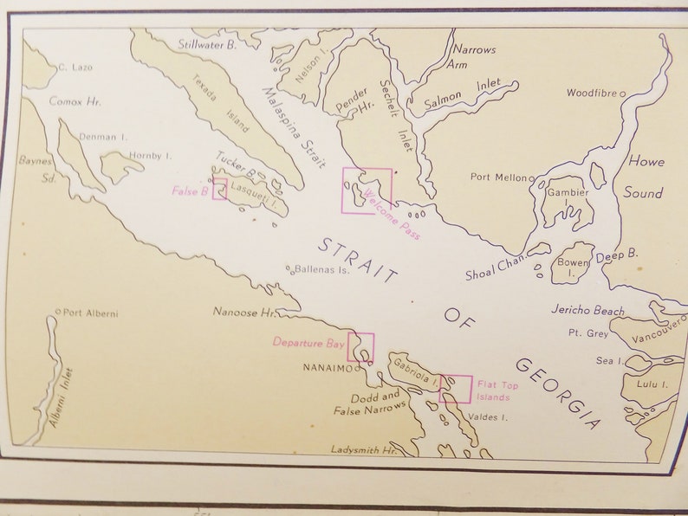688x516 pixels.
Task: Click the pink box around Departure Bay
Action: tap(361, 347)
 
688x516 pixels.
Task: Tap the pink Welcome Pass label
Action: tap(392, 213)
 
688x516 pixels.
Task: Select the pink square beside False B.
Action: tap(220, 189)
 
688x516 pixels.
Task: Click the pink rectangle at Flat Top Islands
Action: tap(456, 389)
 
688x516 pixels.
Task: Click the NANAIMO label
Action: tap(328, 368)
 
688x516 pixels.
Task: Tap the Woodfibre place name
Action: tap(593, 93)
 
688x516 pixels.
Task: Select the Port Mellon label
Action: tap(498, 177)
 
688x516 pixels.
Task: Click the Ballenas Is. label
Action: tap(321, 270)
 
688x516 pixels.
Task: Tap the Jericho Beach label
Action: tap(587, 310)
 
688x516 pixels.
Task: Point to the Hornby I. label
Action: tap(151, 156)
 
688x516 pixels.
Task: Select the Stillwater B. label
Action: tap(207, 43)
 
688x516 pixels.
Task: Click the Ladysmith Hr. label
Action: tap(364, 450)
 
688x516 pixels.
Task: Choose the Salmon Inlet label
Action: tap(462, 94)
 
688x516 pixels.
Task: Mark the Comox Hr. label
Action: tap(75, 101)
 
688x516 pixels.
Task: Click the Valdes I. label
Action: tap(487, 416)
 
